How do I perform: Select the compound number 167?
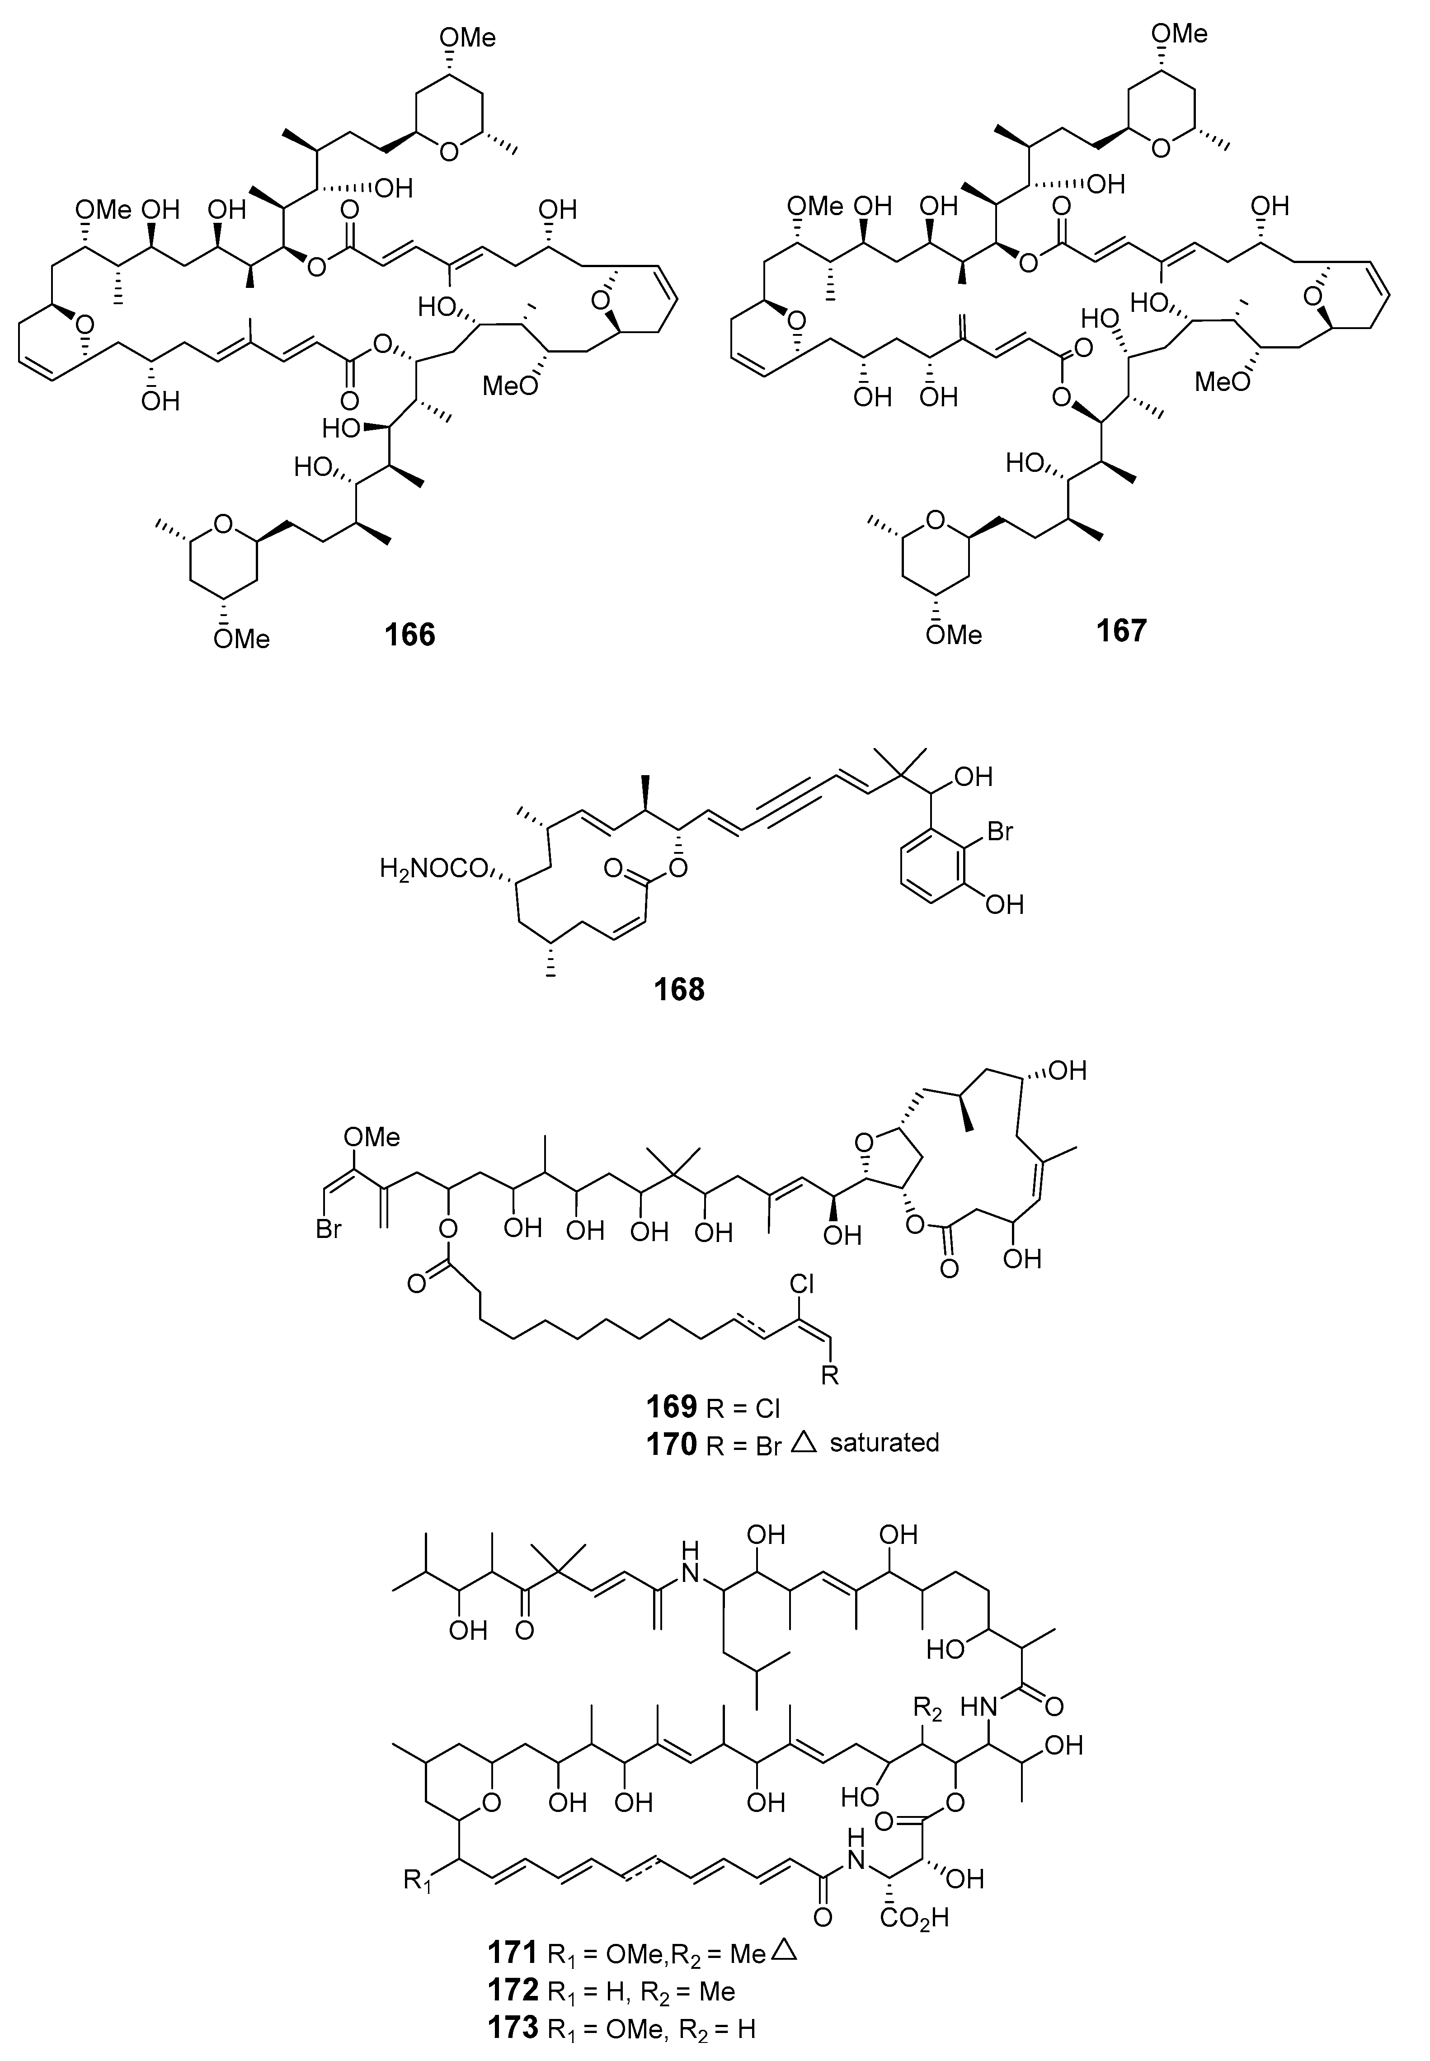1121,631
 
